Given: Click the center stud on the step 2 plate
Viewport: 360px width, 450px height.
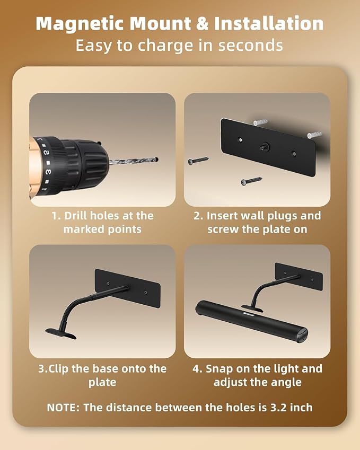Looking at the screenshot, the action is [x=263, y=147].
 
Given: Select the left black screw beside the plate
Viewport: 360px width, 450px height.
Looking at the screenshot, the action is [x=198, y=160].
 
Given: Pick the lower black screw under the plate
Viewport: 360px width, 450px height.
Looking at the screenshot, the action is [x=251, y=181].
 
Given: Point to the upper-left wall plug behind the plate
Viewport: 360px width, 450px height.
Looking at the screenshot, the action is [x=260, y=122].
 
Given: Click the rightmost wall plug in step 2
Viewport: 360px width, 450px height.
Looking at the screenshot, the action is [x=314, y=135].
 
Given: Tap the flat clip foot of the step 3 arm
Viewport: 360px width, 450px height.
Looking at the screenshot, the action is [x=61, y=333].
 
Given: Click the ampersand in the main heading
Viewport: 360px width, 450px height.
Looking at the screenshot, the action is [x=203, y=23].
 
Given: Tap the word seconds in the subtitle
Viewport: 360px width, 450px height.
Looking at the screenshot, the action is [x=250, y=46].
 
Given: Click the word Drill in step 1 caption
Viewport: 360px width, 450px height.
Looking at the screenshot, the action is [x=75, y=216].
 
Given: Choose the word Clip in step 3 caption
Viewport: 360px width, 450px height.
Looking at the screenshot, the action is [x=58, y=369].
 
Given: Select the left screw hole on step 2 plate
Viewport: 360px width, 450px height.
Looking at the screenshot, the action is [x=240, y=140].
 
